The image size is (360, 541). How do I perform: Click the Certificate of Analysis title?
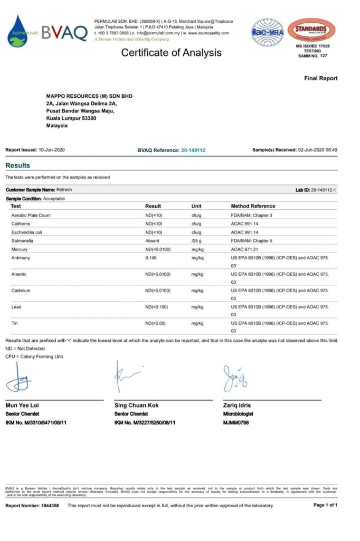click(172, 52)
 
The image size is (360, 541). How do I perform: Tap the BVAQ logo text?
click(64, 33)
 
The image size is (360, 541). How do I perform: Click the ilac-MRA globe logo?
click(268, 31)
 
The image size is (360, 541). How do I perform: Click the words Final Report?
click(320, 78)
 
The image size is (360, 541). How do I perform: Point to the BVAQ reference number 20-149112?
click(193, 150)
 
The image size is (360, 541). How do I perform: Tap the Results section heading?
click(18, 165)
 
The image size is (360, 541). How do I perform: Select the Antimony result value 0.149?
click(151, 257)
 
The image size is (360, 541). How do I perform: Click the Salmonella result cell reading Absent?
click(152, 240)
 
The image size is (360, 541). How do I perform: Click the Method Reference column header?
click(253, 206)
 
